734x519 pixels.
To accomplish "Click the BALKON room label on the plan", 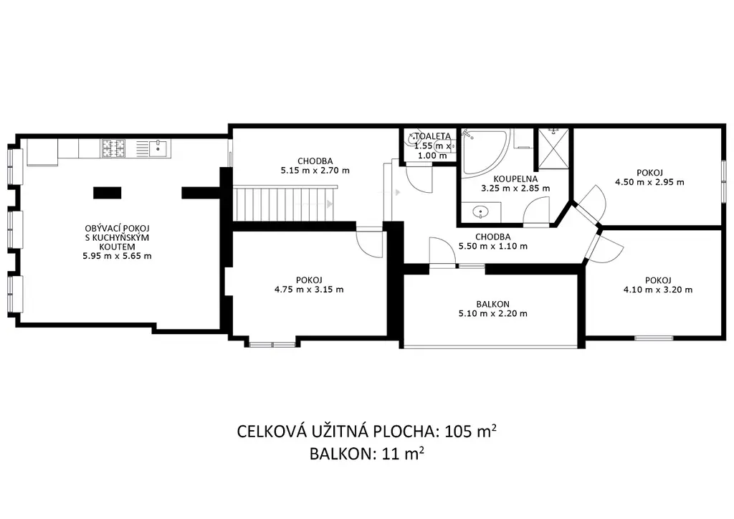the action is click(x=492, y=304).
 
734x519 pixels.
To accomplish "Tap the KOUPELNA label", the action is click(x=515, y=178).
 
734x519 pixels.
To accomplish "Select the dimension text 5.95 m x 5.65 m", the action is click(x=117, y=256).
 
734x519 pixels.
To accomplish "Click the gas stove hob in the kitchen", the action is click(x=113, y=148).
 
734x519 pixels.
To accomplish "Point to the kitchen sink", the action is click(x=158, y=148).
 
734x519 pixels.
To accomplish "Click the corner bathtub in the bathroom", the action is click(x=485, y=153).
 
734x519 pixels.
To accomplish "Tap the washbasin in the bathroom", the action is click(x=481, y=212).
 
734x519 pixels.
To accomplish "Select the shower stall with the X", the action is click(x=553, y=149).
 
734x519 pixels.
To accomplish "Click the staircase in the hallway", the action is click(x=285, y=203).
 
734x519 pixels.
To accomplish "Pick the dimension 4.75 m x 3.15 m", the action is click(x=309, y=289).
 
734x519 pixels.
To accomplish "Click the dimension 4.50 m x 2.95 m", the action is click(x=649, y=182).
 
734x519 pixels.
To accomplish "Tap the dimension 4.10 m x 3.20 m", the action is click(x=658, y=290).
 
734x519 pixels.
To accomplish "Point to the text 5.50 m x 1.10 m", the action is click(x=493, y=246).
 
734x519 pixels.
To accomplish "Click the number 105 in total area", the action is click(x=458, y=431).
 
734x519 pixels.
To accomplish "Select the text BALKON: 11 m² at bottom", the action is click(x=367, y=454).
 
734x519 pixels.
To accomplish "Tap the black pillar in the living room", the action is click(x=108, y=193).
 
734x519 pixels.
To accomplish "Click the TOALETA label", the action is click(x=433, y=136).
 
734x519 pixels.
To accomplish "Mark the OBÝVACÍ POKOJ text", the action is click(x=117, y=229).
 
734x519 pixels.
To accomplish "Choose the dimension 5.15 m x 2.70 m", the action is click(x=315, y=171).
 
